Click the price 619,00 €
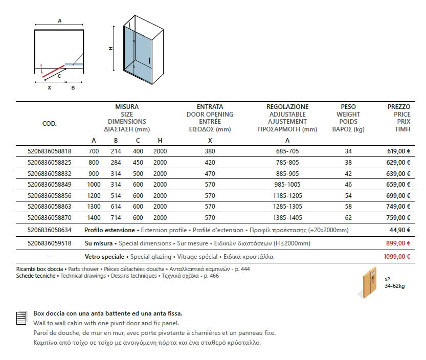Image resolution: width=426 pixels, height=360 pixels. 398,151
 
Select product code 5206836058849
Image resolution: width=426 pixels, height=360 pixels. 49,185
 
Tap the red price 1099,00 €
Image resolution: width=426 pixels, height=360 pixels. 397,256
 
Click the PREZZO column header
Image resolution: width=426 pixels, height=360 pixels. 399,107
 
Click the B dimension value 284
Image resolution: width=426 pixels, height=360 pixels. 116,163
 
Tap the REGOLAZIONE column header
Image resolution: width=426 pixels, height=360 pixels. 287,107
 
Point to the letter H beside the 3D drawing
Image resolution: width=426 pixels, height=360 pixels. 111,48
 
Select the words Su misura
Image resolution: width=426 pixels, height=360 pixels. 98,243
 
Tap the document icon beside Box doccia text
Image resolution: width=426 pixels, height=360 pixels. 21,318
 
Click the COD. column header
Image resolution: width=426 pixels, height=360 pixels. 49,123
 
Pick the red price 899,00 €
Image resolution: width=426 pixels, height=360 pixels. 398,243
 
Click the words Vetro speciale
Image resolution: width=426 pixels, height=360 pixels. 104,256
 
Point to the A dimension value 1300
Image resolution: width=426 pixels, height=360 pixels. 94,207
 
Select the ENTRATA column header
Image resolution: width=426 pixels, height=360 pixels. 210,107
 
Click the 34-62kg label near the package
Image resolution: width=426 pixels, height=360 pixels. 394,286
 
